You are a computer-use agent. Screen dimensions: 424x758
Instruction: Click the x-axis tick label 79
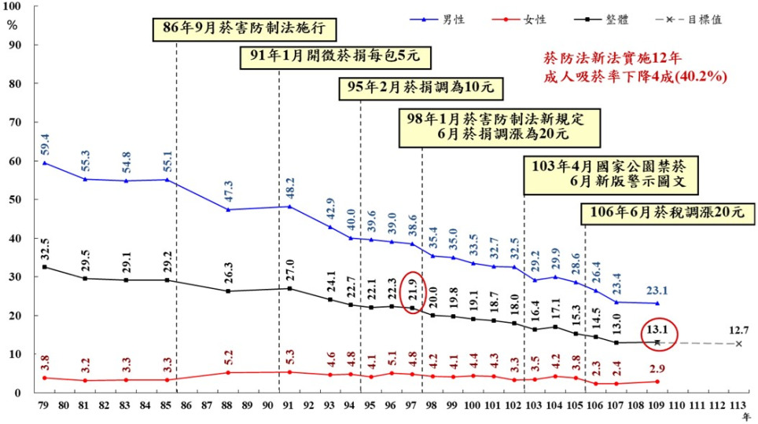pos(44,405)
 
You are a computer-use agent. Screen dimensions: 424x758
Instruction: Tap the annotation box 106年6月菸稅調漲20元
pos(662,212)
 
